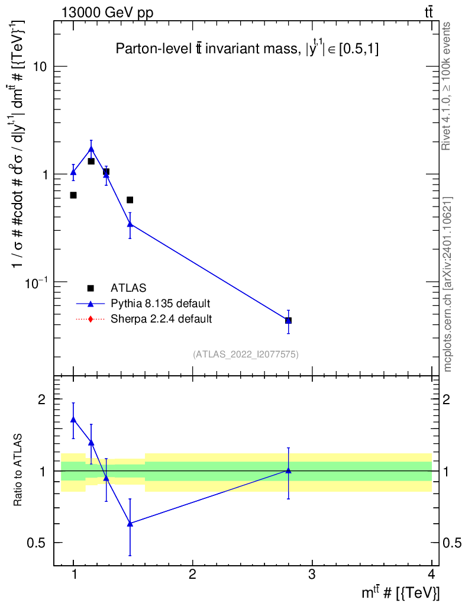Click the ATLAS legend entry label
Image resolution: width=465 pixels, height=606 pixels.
128,288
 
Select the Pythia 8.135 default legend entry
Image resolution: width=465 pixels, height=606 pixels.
160,304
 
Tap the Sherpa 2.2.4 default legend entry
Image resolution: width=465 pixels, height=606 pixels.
161,319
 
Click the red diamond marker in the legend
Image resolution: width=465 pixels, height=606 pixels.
91,319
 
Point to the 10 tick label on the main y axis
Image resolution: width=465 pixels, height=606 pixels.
40,66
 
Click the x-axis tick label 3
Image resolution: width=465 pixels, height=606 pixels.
312,574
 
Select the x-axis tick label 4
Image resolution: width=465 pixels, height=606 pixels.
431,574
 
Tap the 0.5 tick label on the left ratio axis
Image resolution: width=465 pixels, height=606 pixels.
36,543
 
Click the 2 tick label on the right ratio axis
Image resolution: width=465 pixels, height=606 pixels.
447,399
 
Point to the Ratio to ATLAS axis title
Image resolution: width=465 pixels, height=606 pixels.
18,469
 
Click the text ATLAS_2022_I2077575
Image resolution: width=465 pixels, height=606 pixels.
246,354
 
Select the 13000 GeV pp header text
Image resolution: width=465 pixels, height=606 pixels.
107,13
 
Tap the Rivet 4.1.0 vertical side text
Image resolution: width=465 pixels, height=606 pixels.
446,86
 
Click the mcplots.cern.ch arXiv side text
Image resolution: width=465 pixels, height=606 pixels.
447,284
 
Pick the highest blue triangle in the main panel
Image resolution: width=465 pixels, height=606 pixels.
91,149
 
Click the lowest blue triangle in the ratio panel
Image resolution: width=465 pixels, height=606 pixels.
130,524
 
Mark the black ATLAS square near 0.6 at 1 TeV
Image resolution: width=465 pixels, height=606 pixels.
73,195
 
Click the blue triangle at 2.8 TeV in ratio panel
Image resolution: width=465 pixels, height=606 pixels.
288,470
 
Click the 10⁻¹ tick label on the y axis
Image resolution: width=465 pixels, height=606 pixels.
36,282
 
